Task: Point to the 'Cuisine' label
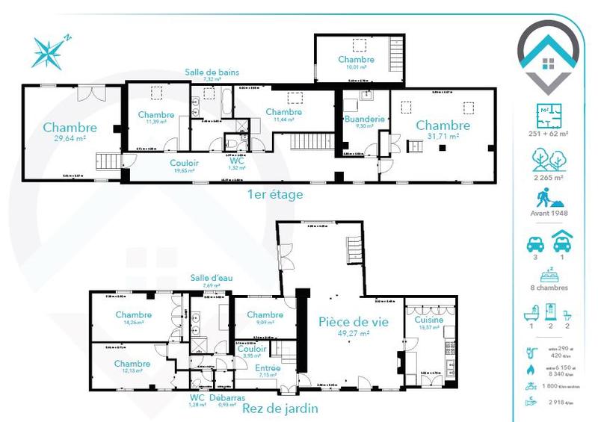pyautogui.click(x=428, y=319)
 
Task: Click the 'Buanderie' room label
pyautogui.click(x=364, y=118)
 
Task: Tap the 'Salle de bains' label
pyautogui.click(x=212, y=72)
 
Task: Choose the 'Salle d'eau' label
pyautogui.click(x=211, y=277)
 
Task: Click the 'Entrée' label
pyautogui.click(x=268, y=367)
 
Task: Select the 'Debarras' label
pyautogui.click(x=227, y=398)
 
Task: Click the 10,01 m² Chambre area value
pyautogui.click(x=356, y=67)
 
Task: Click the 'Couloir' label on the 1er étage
pyautogui.click(x=184, y=162)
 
